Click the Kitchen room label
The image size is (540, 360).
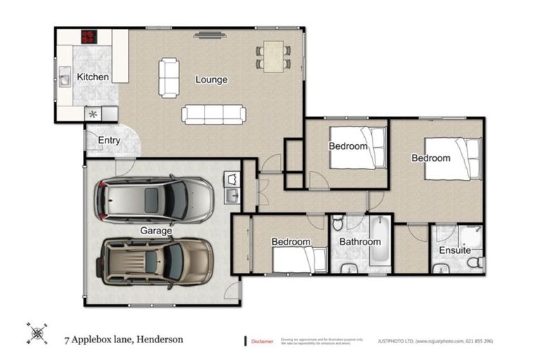(92, 76)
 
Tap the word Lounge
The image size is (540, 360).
(211, 79)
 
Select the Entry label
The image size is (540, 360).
(109, 140)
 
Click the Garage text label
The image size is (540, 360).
(155, 230)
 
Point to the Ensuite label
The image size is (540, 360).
(455, 250)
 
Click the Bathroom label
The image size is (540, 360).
(360, 242)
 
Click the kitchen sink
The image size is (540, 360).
(63, 78)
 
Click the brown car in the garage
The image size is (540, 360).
(156, 261)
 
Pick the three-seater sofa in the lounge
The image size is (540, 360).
(214, 114)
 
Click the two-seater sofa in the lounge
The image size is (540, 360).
(169, 77)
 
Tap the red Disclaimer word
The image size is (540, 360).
(262, 342)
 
